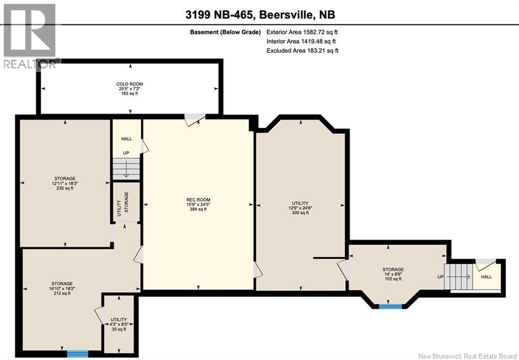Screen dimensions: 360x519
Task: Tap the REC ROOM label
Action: (x=198, y=199)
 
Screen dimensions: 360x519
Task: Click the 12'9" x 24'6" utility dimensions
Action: (x=300, y=207)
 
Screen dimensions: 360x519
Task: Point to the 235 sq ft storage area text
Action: (x=65, y=188)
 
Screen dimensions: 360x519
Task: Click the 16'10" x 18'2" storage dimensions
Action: (x=61, y=288)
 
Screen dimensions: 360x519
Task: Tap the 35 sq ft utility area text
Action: (x=119, y=329)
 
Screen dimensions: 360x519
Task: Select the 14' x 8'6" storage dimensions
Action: (x=393, y=274)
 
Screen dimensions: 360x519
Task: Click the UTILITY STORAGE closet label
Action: (x=123, y=202)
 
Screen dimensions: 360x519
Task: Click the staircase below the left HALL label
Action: (x=126, y=167)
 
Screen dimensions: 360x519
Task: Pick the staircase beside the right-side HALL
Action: (x=458, y=277)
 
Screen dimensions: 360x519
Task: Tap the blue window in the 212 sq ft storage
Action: (x=78, y=353)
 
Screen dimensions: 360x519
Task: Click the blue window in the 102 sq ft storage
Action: (x=390, y=306)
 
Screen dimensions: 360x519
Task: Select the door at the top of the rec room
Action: (x=195, y=119)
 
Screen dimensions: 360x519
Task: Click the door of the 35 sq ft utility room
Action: (x=99, y=316)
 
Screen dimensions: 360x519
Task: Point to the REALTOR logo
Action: (x=29, y=35)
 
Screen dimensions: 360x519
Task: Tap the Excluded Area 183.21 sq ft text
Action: (x=303, y=50)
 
